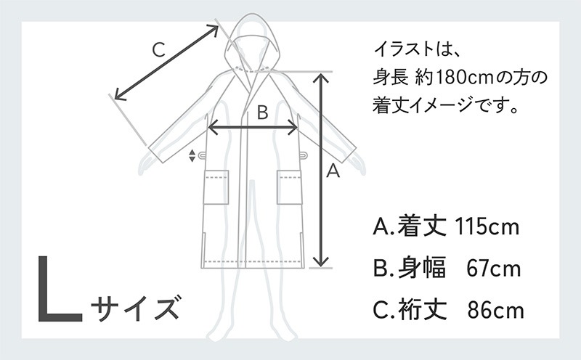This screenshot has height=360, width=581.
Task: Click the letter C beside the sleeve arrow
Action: coord(159,50)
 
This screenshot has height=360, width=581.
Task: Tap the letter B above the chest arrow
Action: coord(262,112)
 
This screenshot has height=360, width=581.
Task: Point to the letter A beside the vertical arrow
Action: coord(333,171)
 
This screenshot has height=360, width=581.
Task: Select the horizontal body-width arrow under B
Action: coord(253,128)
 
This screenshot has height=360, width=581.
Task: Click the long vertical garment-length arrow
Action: coord(321,170)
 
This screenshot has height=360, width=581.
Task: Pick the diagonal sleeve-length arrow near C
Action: coord(166,62)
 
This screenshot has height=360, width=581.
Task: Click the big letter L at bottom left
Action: coord(60,288)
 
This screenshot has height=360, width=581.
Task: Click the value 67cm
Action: coord(493,268)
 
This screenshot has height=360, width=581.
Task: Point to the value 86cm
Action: coord(495,310)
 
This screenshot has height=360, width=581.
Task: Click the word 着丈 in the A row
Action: coord(422,226)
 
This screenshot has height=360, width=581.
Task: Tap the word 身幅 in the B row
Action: coord(422,268)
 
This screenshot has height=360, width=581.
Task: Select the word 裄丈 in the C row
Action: coord(422,310)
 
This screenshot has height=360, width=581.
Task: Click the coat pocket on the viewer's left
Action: coord(216,187)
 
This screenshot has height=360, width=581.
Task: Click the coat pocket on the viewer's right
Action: coord(290,187)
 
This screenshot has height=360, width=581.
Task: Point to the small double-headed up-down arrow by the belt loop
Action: coord(192,155)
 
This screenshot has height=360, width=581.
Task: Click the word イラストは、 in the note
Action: coord(417,49)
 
